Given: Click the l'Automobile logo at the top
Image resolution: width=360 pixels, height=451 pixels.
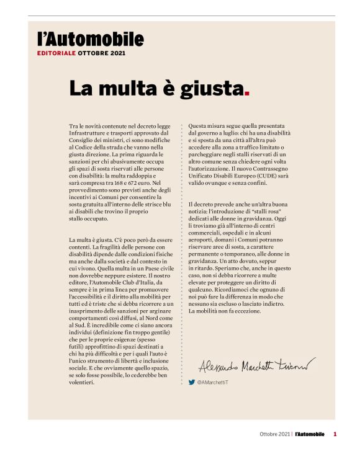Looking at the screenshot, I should click(x=90, y=40).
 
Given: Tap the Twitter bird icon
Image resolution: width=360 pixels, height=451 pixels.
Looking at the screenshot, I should click(x=192, y=383).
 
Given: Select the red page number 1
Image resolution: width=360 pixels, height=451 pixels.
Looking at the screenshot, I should click(x=335, y=434).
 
